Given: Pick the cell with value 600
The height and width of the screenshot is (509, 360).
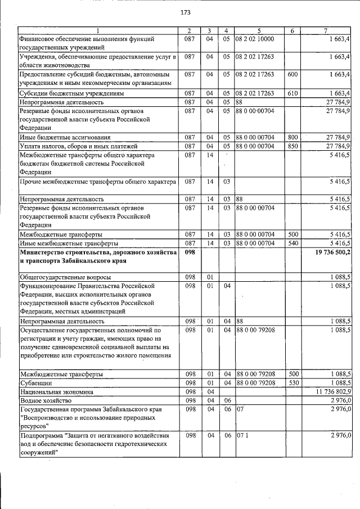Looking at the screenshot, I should tap(292, 74).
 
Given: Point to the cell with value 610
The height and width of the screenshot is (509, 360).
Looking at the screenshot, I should tap(292, 93).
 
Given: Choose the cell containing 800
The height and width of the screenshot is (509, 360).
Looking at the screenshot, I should tap(292, 137).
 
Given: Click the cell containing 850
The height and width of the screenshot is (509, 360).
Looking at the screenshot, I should tap(292, 146).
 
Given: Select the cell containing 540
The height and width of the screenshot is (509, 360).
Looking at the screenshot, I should tap(292, 244).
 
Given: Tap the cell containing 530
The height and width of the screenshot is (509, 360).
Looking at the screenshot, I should tap(292, 382).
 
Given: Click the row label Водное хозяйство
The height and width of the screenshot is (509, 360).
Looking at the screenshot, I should tap(44, 400).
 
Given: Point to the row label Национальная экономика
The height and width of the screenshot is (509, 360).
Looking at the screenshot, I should tap(56, 391).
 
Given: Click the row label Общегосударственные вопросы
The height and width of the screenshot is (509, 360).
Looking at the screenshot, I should tap(65, 277).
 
